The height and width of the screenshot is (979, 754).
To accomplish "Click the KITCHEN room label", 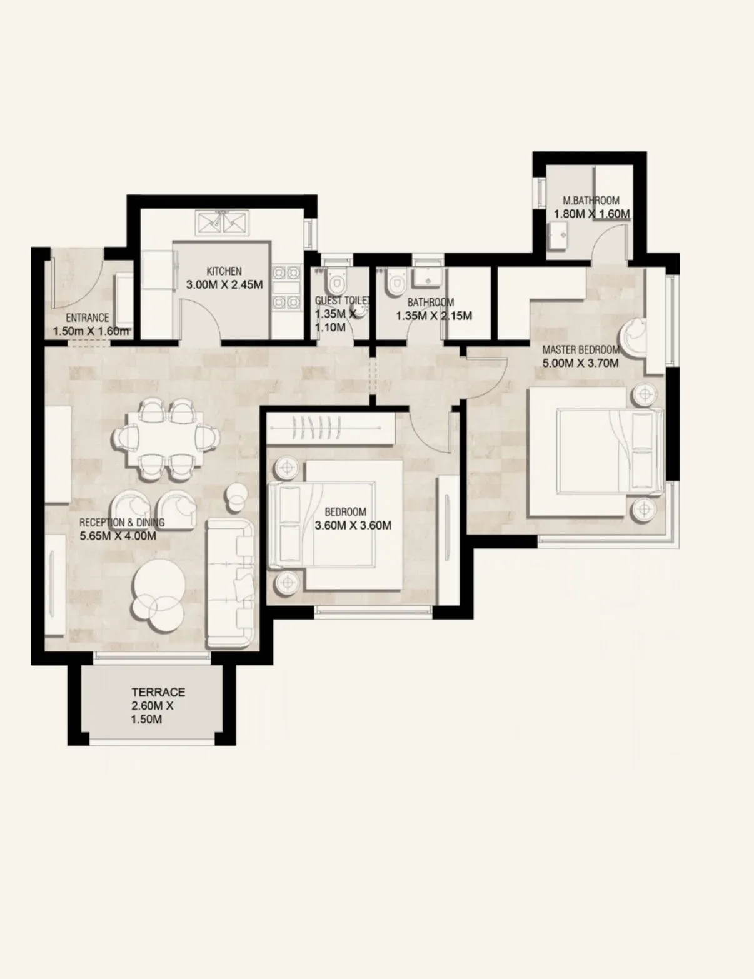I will (224, 271).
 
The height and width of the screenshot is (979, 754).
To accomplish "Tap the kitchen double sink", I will (223, 222).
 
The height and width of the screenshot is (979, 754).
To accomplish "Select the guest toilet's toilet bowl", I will (338, 282).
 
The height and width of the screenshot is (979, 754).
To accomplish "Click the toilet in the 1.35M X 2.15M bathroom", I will (395, 282).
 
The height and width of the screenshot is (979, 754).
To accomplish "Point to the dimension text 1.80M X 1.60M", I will (591, 214).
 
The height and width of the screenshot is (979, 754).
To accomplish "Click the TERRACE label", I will (158, 692).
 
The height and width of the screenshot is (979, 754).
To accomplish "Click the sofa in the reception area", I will (230, 583).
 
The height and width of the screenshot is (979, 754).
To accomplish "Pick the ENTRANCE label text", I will (87, 318).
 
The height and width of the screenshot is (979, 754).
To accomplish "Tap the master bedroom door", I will (488, 378).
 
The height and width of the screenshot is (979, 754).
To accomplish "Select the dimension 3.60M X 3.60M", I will (353, 525).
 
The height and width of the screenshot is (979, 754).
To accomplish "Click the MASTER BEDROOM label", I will (580, 350).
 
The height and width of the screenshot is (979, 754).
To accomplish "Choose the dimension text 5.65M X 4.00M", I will (118, 536).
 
